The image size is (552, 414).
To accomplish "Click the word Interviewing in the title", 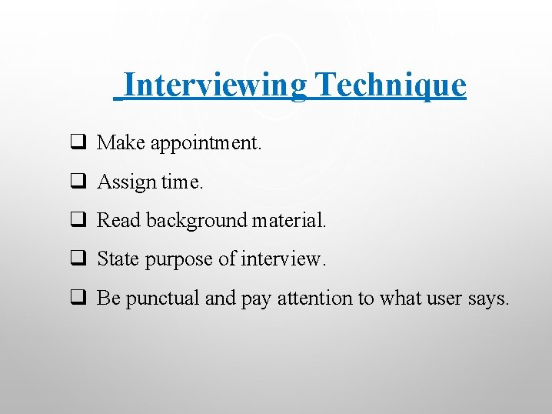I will coord(214,85).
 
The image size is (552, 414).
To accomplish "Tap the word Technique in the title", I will coord(391,85).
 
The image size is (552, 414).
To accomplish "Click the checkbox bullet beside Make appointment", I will coord(78,142).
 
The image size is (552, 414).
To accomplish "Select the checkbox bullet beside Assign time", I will coord(78,182).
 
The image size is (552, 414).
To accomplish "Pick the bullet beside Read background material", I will coord(78,221).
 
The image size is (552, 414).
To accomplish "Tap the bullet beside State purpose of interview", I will coord(78,259).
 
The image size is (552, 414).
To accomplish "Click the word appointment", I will coord(208,143).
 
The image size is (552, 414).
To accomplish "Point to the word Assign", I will coord(126,182).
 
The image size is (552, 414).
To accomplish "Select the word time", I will coord(182,182).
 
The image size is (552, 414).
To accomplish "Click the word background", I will coord(194,221).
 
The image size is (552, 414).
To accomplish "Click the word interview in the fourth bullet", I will coord(284,259).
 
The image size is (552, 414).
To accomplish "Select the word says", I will coord(488,299).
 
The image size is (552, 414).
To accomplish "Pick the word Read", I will coord(119,220).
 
